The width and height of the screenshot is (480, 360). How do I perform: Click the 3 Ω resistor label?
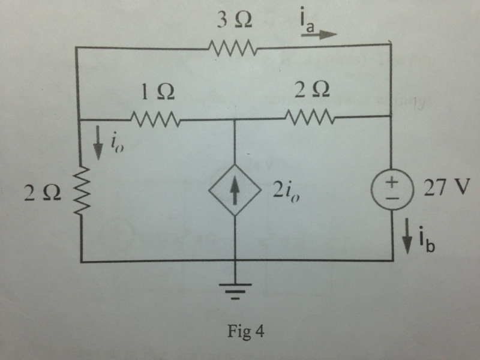235,21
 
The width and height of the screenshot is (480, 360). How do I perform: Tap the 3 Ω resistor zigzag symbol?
232,48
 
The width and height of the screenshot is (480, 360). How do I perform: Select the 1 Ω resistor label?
158,92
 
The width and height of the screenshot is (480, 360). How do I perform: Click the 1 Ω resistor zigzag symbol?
155,119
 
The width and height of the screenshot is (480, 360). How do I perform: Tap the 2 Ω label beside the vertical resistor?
43,193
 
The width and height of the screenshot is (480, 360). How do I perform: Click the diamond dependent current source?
235,190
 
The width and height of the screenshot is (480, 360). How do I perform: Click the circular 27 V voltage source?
392,189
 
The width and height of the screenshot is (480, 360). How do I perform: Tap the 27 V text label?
446,187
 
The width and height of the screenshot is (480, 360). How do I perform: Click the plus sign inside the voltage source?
392,182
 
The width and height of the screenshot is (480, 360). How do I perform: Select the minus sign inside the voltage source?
392,198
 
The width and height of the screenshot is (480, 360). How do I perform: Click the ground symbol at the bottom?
235,292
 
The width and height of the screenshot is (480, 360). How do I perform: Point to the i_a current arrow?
319,34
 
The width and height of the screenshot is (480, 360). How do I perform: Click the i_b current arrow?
407,236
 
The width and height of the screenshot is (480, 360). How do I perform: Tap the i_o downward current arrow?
98,143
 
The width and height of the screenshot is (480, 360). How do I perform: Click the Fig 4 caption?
245,332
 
